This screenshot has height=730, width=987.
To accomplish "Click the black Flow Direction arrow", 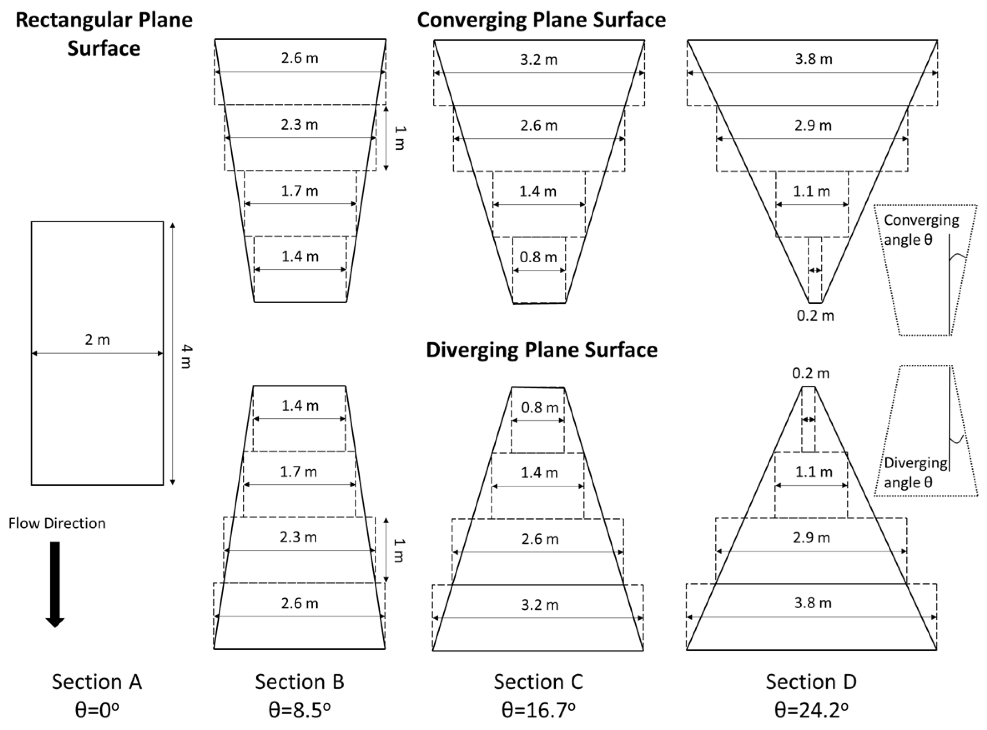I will (55, 583).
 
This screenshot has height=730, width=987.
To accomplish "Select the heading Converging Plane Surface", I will (541, 20).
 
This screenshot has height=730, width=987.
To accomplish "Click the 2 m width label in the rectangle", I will (97, 339).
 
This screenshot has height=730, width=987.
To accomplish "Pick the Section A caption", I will (97, 682).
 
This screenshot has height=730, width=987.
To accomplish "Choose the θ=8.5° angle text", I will (299, 711).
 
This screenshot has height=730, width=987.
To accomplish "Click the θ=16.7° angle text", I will (538, 711).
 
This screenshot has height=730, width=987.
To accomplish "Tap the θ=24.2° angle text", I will (811, 711).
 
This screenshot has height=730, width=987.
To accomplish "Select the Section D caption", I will (811, 682).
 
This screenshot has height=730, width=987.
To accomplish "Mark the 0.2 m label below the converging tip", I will (815, 316).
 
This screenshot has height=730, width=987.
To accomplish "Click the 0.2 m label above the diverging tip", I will (811, 374).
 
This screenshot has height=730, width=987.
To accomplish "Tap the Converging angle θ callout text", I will (921, 230).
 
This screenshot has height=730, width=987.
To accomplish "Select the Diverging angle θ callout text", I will (915, 472).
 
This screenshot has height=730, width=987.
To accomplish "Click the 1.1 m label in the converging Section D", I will (811, 191).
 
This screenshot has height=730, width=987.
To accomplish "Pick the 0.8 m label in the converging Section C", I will (538, 257).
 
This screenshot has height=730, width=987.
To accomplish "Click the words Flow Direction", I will (57, 524).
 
